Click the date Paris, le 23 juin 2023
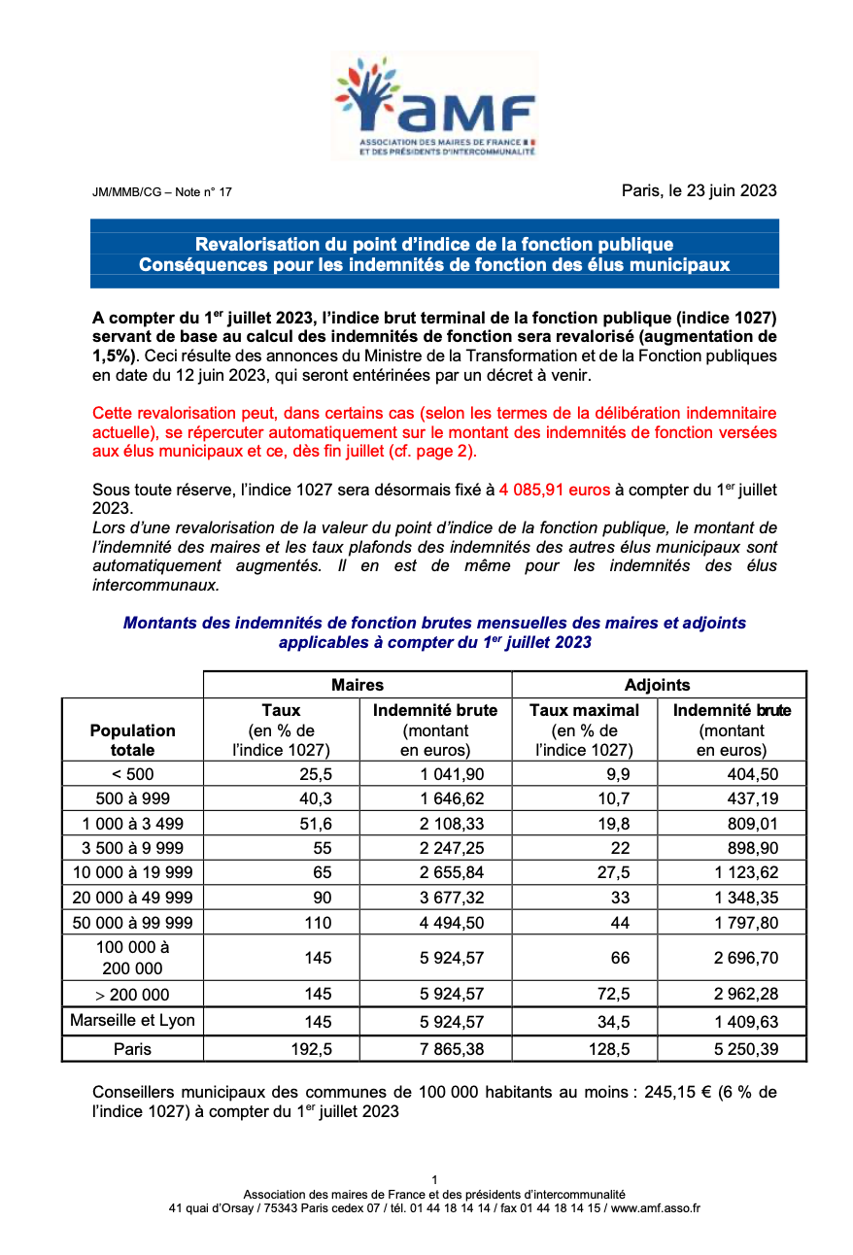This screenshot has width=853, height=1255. [699, 190]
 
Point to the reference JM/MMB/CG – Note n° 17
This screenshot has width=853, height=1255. [162, 192]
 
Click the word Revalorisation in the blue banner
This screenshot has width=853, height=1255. [256, 244]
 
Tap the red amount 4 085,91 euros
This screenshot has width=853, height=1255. [554, 490]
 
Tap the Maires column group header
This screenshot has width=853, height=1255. [357, 685]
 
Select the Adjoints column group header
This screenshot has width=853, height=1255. [658, 685]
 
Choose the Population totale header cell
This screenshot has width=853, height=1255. [132, 740]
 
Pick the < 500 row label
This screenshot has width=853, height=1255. [132, 774]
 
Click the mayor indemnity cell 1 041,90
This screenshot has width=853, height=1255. [452, 774]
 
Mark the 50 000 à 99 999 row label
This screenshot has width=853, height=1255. [132, 923]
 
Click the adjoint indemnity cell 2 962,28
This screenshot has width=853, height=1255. [746, 994]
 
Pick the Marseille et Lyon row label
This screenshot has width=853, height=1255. [132, 1020]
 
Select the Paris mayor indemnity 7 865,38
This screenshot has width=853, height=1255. [452, 1049]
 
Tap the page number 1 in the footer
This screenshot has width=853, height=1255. [434, 1180]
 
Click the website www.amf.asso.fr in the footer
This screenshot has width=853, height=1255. [656, 1208]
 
